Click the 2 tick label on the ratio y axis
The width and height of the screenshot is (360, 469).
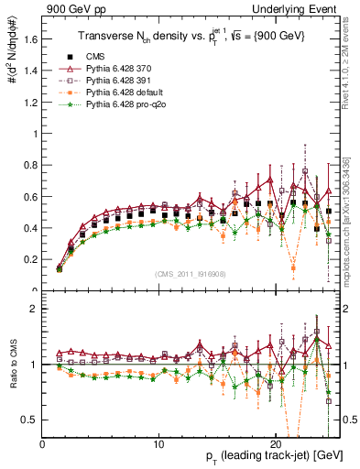(x=33, y=309)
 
